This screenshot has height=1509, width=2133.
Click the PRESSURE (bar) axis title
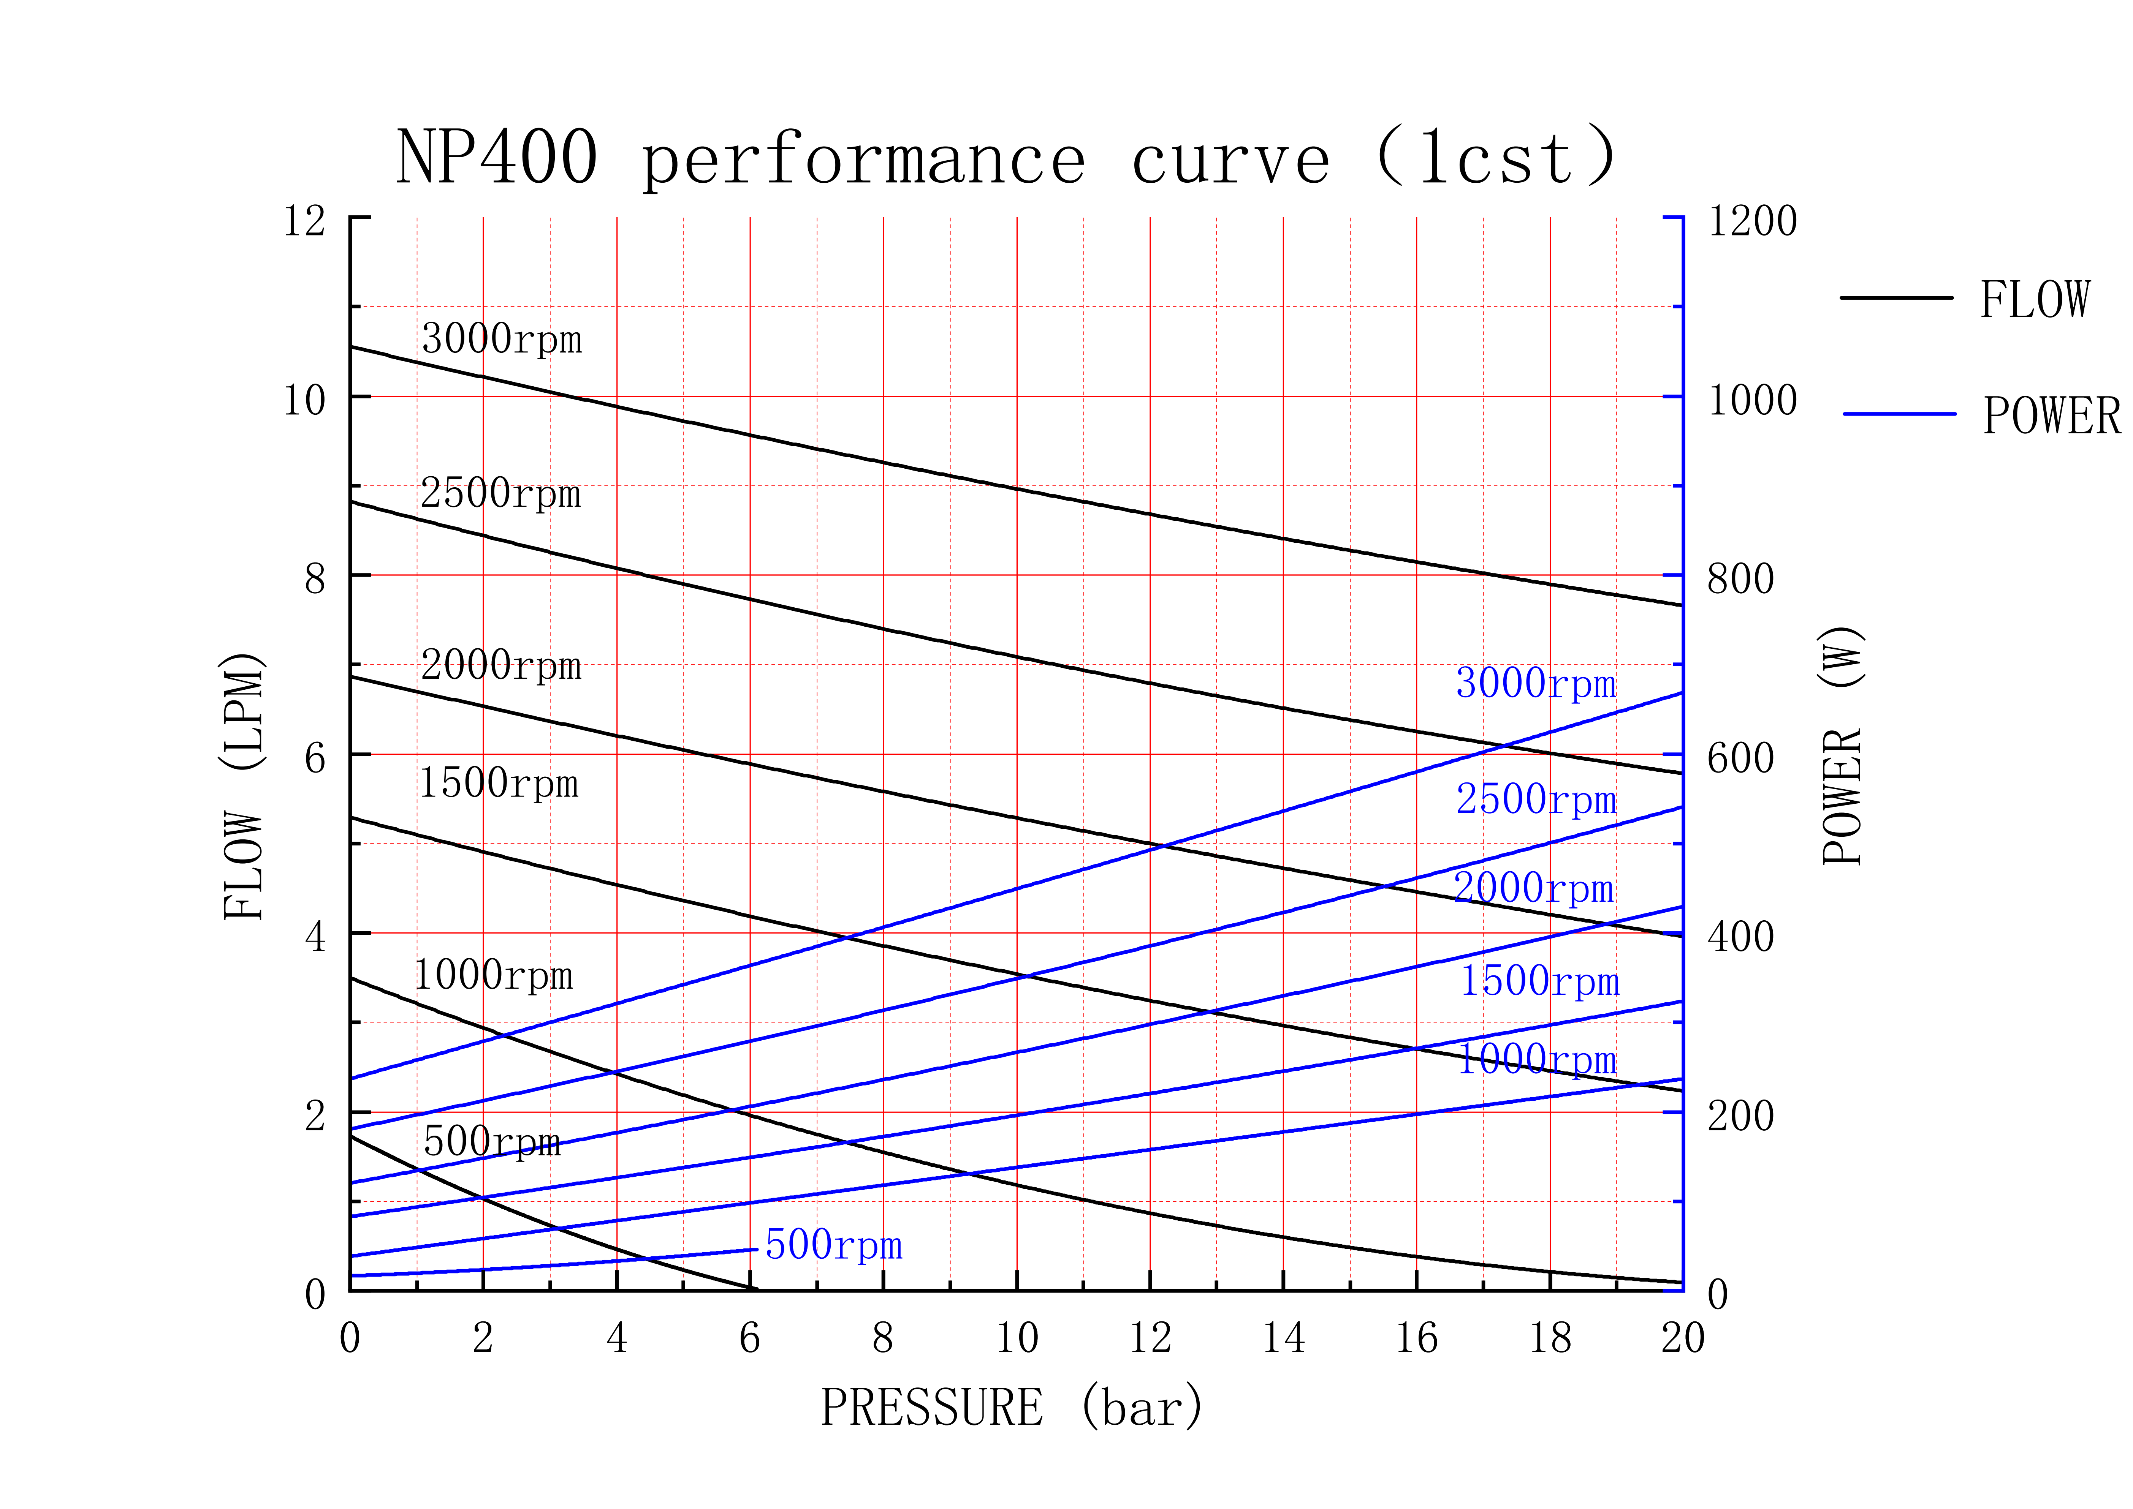[1011, 1408]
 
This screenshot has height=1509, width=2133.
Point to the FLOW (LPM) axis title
[244, 786]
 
